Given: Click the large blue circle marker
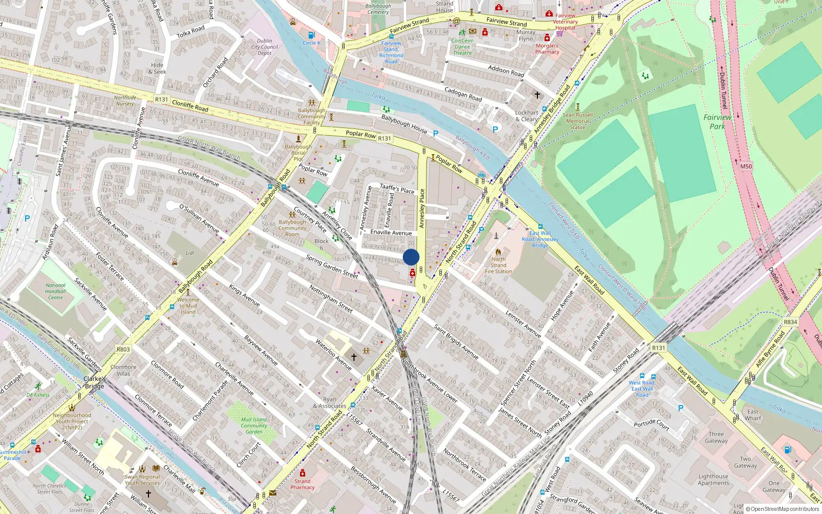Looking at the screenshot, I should tap(411, 257).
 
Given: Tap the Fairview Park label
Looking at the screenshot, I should tap(717, 122).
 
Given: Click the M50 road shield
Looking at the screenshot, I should tap(746, 166).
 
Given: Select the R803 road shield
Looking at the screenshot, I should tap(123, 349).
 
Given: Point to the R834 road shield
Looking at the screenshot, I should tap(790, 322).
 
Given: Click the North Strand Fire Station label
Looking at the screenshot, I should tap(498, 265).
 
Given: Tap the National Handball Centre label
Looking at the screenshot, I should tap(55, 291).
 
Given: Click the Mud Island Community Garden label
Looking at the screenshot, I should tap(254, 426).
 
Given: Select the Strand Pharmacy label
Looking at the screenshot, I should tap(302, 484).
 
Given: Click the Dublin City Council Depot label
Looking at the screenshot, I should tap(265, 47).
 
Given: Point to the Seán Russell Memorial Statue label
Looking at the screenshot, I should tap(577, 121).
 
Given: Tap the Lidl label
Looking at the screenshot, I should tap(190, 253).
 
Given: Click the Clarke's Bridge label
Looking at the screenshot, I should tap(95, 382).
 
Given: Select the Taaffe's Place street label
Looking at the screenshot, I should tap(397, 189).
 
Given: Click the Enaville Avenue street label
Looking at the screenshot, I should tap(391, 232).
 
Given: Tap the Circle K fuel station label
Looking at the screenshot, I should tap(311, 43).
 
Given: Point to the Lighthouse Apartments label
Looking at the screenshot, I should tap(713, 480).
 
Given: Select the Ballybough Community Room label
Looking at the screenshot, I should tap(292, 228).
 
